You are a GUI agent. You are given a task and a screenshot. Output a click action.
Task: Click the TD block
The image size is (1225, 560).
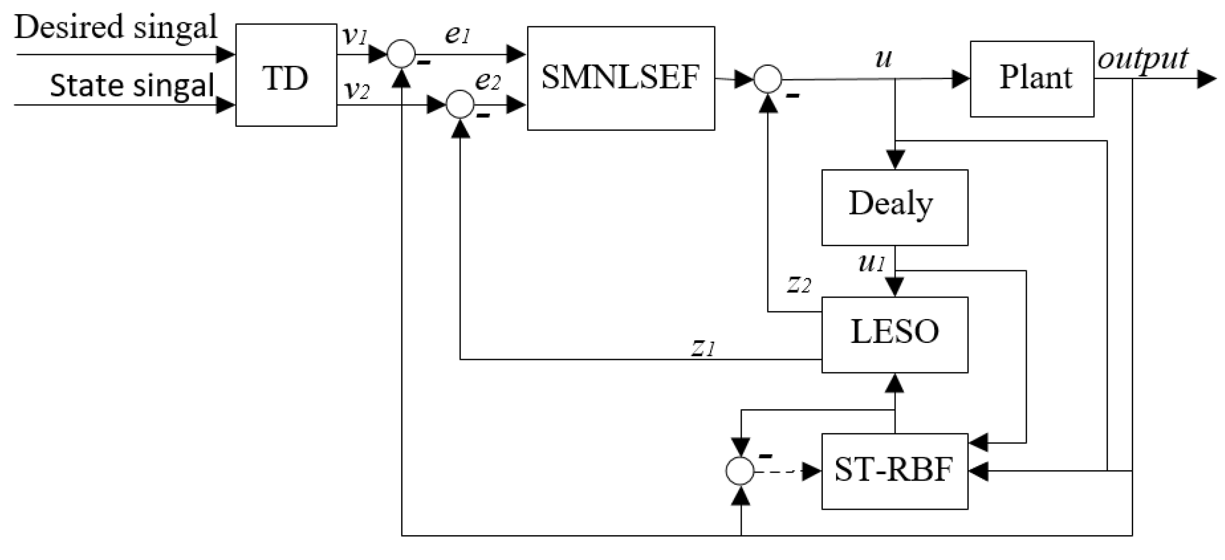tap(286, 75)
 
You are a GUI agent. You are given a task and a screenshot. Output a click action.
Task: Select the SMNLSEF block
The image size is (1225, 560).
tap(621, 78)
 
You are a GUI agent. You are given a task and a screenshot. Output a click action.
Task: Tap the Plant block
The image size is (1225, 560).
tap(1032, 79)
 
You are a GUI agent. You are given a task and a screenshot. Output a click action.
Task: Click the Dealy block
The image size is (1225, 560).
tap(895, 207)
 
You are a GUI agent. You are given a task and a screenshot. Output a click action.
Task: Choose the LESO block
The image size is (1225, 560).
tap(895, 335)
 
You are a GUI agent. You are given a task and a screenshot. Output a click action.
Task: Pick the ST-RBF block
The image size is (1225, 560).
tap(895, 471)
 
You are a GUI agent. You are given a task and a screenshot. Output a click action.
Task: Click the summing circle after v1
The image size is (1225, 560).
tap(401, 54)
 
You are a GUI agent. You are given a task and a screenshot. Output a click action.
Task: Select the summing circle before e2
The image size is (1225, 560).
tap(460, 104)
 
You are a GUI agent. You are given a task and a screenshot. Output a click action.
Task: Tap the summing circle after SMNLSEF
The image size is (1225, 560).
tap(768, 80)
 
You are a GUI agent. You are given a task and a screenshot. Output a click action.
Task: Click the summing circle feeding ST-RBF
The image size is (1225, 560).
tap(740, 471)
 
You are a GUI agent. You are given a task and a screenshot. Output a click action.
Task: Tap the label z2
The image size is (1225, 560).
tap(799, 284)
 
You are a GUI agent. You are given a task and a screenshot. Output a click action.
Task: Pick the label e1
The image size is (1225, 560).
tap(457, 35)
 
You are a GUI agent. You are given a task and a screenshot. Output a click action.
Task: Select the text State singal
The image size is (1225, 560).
tap(132, 86)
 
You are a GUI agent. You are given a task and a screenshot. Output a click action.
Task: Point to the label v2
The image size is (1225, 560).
tap(357, 91)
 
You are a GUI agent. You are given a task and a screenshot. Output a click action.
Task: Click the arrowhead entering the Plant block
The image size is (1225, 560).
tap(960, 80)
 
